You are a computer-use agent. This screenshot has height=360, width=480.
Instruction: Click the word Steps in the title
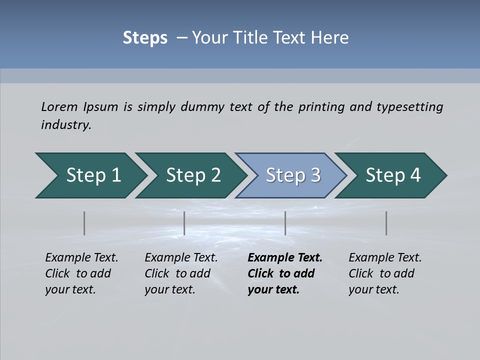pyautogui.click(x=145, y=37)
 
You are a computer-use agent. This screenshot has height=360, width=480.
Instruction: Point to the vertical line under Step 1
pyautogui.click(x=84, y=223)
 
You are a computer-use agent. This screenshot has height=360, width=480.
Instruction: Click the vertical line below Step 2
pyautogui.click(x=184, y=223)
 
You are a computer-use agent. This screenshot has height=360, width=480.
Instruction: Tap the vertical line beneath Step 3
pyautogui.click(x=285, y=223)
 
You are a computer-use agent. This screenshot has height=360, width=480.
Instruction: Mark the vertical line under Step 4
pyautogui.click(x=386, y=223)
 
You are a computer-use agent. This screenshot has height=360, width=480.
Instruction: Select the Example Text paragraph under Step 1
pyautogui.click(x=81, y=273)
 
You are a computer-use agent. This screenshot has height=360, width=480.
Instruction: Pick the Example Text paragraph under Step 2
pyautogui.click(x=180, y=273)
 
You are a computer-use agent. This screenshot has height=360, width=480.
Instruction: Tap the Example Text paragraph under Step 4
pyautogui.click(x=384, y=273)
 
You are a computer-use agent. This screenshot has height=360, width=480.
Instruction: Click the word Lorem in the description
pyautogui.click(x=59, y=107)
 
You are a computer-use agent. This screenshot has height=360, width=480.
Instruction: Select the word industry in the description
pyautogui.click(x=65, y=125)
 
